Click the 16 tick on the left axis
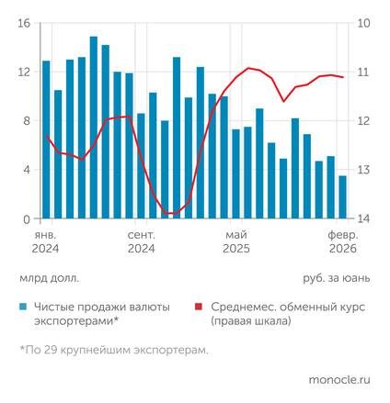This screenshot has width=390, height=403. pos(24,23)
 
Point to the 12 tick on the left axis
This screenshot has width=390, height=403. pos(24,72)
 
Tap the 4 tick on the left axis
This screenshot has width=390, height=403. pos(27,170)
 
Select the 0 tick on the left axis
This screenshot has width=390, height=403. pos(27,218)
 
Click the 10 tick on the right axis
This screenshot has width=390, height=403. pos(363,23)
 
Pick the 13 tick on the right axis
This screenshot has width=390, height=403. pos(363,170)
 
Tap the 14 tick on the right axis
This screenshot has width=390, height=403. pos(363,218)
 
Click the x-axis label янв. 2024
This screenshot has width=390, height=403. pos(45,241)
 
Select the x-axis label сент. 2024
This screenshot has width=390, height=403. pos(141,241)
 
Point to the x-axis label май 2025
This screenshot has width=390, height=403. pos(236,241)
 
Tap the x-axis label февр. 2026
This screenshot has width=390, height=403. pos(343,241)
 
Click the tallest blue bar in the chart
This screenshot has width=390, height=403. pos(94,129)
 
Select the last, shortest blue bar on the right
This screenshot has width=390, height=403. pos(343,197)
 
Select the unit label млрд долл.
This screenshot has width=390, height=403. pos(48,276)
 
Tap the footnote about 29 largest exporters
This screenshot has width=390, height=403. pos(112,350)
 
